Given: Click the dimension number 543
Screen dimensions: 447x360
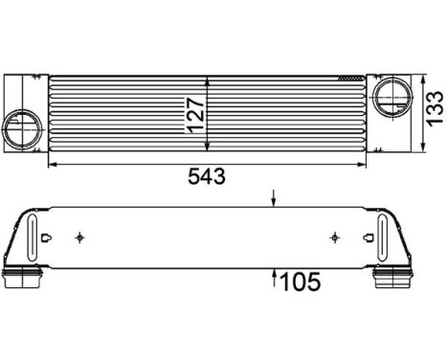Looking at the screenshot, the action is pyautogui.click(x=207, y=176).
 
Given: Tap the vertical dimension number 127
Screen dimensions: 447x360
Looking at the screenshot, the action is pyautogui.click(x=195, y=115).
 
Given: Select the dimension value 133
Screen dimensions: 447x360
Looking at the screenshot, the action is pyautogui.click(x=436, y=108).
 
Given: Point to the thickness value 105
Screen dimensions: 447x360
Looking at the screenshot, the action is pyautogui.click(x=300, y=281).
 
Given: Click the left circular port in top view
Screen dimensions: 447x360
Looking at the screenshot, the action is pyautogui.click(x=22, y=129).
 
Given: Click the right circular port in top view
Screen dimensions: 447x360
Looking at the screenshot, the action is pyautogui.click(x=392, y=96).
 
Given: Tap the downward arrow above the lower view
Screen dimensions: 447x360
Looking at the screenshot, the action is pyautogui.click(x=273, y=198).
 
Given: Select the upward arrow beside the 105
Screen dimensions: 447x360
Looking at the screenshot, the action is pyautogui.click(x=274, y=278).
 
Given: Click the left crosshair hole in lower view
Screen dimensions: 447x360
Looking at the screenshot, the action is pyautogui.click(x=79, y=237).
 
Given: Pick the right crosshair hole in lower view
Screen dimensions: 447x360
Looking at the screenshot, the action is pyautogui.click(x=335, y=237).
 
